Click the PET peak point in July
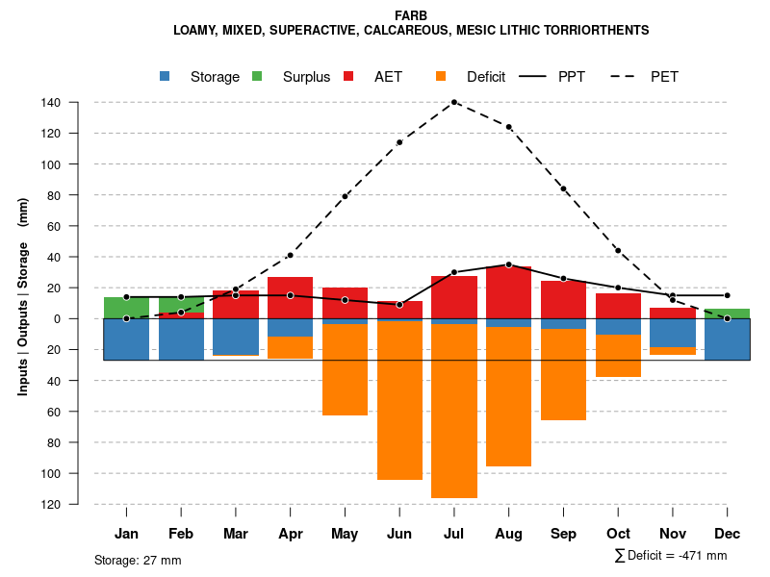pyautogui.click(x=454, y=102)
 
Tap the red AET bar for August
pyautogui.click(x=509, y=292)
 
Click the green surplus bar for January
pyautogui.click(x=126, y=308)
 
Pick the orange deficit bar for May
pyautogui.click(x=345, y=370)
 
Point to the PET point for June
pyautogui.click(x=399, y=142)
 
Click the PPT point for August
pyautogui.click(x=509, y=264)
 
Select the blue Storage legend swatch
pyautogui.click(x=167, y=76)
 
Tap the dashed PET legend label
pyautogui.click(x=664, y=77)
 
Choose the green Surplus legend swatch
pyautogui.click(x=257, y=76)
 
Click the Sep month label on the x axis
pyautogui.click(x=563, y=534)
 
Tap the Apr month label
pyautogui.click(x=290, y=534)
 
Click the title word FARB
pyautogui.click(x=411, y=15)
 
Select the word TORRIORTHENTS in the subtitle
pyautogui.click(x=595, y=31)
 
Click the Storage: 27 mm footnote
pyautogui.click(x=138, y=560)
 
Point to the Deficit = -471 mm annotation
pyautogui.click(x=671, y=556)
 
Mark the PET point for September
pyautogui.click(x=563, y=188)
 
